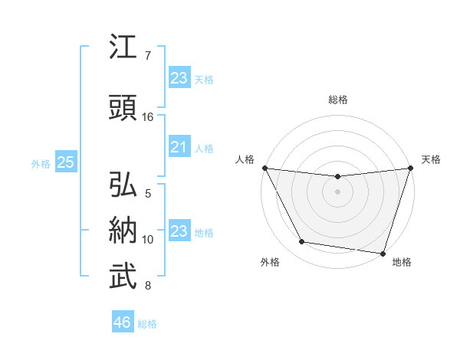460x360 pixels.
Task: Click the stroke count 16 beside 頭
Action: point(148,117)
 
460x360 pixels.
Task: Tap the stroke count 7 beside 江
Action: point(148,56)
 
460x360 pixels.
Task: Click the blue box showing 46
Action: point(123,322)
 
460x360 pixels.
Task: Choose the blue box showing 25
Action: point(65,162)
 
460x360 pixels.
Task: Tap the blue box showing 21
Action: point(179,147)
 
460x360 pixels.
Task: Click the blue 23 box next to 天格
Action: point(179,78)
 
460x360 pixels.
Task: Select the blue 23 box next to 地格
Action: point(179,231)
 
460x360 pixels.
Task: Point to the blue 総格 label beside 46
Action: point(147,324)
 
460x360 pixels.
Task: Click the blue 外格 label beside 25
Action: point(41,163)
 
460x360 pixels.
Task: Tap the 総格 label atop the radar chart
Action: point(338,100)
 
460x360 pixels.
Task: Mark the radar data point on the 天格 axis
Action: point(410,168)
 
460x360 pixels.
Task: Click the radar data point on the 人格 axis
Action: point(265,168)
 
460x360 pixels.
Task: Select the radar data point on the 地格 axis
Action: point(383,254)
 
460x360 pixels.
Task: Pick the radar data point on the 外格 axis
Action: point(302,242)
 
